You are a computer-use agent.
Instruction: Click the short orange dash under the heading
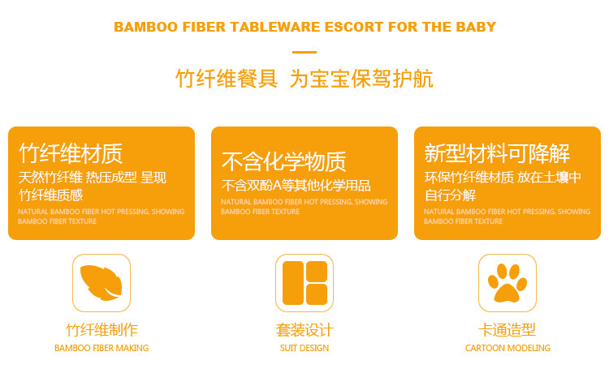click(304, 52)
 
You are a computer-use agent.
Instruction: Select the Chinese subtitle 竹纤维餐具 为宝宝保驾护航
click(304, 79)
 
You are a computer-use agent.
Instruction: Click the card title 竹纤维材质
click(71, 153)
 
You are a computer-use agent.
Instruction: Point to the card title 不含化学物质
click(284, 161)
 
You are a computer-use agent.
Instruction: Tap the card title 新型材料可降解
click(497, 153)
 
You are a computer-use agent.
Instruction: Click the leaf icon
click(101, 283)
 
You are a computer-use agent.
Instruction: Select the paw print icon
click(508, 283)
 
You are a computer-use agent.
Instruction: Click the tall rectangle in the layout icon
click(293, 283)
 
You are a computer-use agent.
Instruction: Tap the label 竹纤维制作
click(101, 330)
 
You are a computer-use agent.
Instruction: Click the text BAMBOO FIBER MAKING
click(101, 348)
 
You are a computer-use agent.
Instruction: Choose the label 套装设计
click(304, 330)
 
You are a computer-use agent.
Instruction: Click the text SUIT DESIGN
click(304, 348)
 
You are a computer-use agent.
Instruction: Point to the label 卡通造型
click(508, 330)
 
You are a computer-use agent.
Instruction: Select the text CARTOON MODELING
click(508, 348)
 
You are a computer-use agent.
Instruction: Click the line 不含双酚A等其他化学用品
click(296, 186)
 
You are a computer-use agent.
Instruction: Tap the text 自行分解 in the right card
click(450, 195)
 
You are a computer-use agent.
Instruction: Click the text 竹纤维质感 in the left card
click(51, 195)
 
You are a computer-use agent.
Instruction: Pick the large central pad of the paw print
click(507, 294)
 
